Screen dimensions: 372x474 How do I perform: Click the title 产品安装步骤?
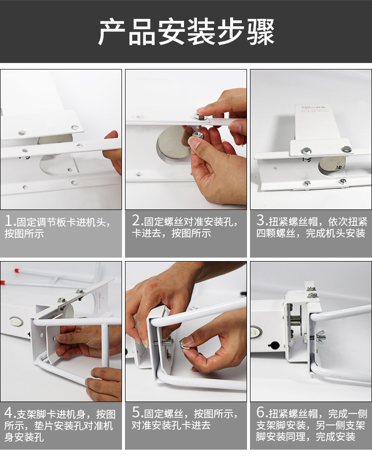(x=186, y=32)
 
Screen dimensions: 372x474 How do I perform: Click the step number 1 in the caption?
(x=8, y=221)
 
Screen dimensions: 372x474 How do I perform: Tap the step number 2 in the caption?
(x=136, y=221)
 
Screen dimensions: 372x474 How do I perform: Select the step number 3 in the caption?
(x=261, y=221)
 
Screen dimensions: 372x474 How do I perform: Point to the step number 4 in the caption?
(x=8, y=413)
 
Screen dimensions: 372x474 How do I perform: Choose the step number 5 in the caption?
(x=136, y=412)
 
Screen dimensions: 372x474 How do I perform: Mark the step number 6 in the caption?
(x=261, y=412)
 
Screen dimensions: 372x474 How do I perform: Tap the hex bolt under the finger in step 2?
(x=200, y=116)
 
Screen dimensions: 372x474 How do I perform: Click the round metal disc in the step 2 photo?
(x=174, y=142)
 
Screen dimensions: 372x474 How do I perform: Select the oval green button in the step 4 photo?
(x=16, y=322)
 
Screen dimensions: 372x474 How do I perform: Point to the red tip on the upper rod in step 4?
(x=17, y=270)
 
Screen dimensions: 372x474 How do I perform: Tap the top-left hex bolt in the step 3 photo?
(x=306, y=150)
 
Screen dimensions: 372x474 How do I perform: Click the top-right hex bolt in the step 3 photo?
(x=346, y=149)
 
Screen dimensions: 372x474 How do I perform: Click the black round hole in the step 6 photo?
(x=274, y=345)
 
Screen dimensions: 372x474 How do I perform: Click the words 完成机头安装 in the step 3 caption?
(x=335, y=233)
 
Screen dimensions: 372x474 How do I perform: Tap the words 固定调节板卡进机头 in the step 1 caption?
(x=61, y=222)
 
